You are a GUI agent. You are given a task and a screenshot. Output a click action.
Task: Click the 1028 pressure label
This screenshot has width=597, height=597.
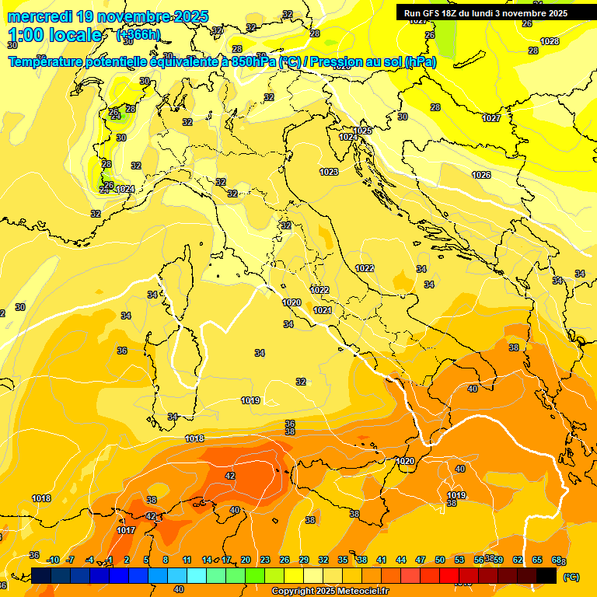pyautogui.click(x=550, y=41)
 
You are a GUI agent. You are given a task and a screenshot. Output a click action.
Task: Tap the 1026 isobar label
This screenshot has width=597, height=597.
pyautogui.click(x=481, y=175)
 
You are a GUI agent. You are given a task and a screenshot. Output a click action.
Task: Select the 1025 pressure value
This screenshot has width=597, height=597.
pyautogui.click(x=363, y=131)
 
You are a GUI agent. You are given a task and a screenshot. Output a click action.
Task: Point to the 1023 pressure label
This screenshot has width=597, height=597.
pyautogui.click(x=329, y=172)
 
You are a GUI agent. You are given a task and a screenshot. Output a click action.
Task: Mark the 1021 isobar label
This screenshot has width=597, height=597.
pyautogui.click(x=323, y=310)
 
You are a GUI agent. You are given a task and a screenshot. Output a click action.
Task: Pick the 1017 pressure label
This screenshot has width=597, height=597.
pyautogui.click(x=126, y=530)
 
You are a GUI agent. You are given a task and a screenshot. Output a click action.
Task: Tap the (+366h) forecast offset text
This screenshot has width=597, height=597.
pyautogui.click(x=138, y=35)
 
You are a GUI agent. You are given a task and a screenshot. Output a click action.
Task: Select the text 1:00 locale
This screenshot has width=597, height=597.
pyautogui.click(x=55, y=35)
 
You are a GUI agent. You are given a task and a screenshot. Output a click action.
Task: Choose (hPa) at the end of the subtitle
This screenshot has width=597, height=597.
pyautogui.click(x=421, y=61)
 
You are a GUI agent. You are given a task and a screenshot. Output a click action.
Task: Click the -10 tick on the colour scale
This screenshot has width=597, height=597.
pyautogui.click(x=53, y=560)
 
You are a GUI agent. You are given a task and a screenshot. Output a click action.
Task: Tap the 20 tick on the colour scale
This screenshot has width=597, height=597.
pyautogui.click(x=246, y=560)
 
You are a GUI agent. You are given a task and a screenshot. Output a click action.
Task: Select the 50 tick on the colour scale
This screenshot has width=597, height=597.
pyautogui.click(x=440, y=560)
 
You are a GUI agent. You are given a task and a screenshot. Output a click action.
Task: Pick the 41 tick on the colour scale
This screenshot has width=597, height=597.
pyautogui.click(x=382, y=560)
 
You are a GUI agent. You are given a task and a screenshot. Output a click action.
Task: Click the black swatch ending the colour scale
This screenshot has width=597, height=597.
pyautogui.click(x=546, y=574)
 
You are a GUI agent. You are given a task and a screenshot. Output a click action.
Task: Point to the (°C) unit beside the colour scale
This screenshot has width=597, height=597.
pyautogui.click(x=571, y=577)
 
